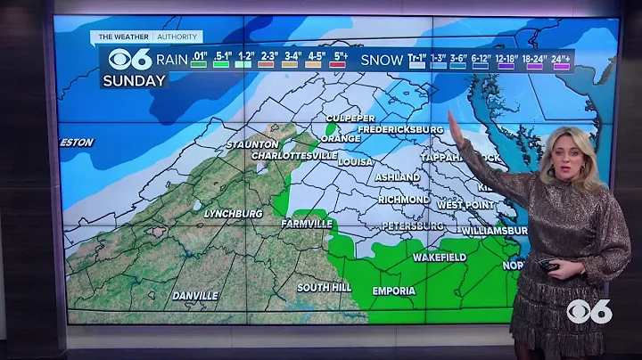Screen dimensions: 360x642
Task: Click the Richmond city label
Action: (x=404, y=200)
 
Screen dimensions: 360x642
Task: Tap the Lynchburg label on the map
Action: (x=232, y=214)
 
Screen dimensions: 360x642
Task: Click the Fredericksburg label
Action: (x=400, y=130)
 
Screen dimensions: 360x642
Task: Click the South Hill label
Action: (x=324, y=287)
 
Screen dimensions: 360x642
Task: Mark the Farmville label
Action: (x=306, y=224)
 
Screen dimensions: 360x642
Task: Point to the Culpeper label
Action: (x=350, y=119)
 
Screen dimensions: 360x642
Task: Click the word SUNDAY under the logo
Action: (x=134, y=80)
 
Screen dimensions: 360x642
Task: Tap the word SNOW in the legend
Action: (x=381, y=61)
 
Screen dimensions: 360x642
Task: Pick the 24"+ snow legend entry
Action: (x=561, y=60)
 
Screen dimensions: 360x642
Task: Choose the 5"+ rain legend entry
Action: (x=340, y=60)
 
